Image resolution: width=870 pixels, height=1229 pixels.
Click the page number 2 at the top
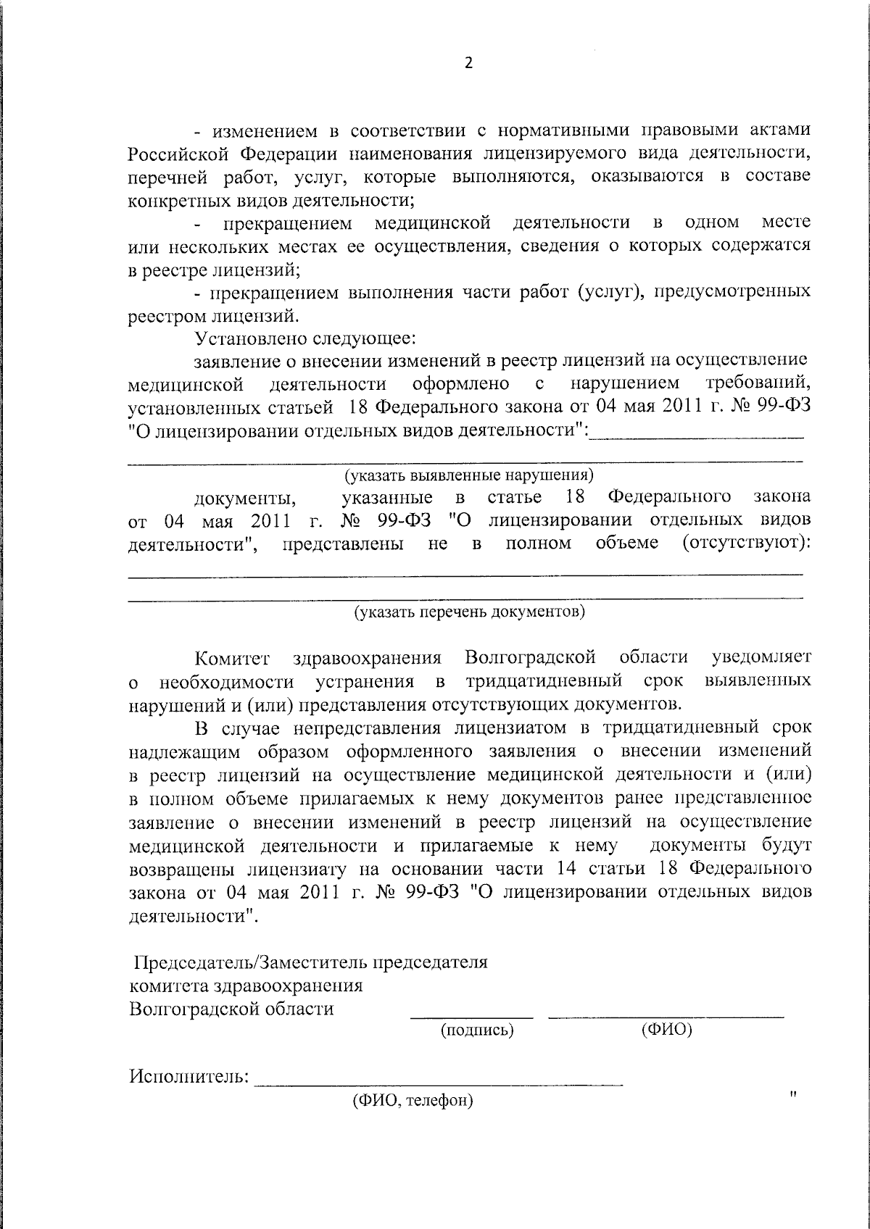coord(468,63)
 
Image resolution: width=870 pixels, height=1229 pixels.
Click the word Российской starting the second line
coord(177,154)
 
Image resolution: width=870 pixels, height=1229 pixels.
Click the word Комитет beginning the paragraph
coord(232,658)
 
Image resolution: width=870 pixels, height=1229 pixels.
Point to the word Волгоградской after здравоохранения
coord(530,657)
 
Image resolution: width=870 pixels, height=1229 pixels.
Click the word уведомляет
coord(761,657)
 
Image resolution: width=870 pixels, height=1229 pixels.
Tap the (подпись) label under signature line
coord(477,1030)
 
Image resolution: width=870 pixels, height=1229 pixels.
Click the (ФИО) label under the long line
coord(666,1030)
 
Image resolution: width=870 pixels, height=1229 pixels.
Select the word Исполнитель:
coord(189,1076)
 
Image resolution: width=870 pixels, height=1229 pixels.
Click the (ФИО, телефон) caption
coord(413,1101)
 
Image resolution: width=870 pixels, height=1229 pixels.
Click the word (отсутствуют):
coord(746,543)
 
